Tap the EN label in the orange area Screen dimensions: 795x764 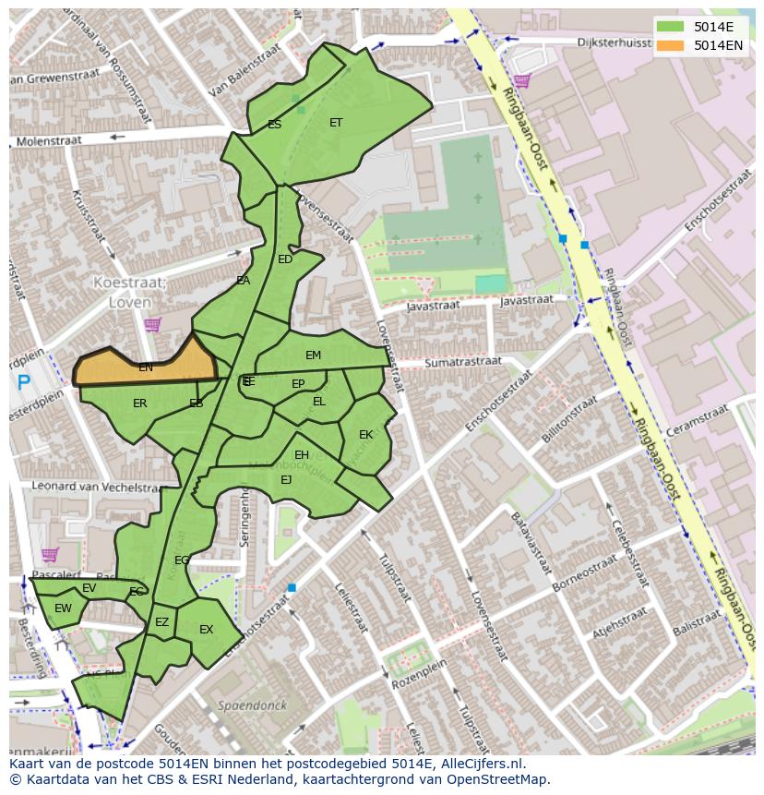tap(145, 367)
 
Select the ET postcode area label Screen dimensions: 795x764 tap(336, 123)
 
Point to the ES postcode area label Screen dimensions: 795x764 tap(274, 125)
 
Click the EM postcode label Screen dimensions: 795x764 tap(313, 355)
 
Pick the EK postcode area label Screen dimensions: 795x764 tap(365, 435)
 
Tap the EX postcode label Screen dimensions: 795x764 tap(206, 630)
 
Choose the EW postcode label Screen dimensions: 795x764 tap(63, 608)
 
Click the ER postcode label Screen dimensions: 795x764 tap(139, 404)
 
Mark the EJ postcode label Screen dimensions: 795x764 tap(286, 479)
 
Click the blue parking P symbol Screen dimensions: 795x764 tap(24, 381)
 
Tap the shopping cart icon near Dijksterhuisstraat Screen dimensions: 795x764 tap(522, 81)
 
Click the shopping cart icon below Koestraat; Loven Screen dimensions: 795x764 tap(152, 324)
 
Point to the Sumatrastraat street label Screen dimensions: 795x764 tap(462, 363)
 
